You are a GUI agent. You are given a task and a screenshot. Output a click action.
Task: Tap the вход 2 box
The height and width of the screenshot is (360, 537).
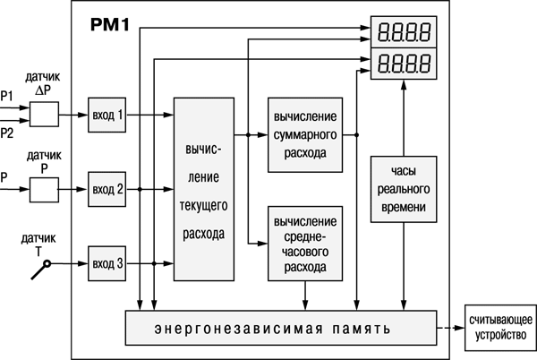pos(108,189)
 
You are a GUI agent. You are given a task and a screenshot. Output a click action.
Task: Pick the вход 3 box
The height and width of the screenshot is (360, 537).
pos(108,262)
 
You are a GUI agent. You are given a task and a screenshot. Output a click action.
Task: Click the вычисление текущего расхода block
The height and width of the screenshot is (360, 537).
pos(204,188)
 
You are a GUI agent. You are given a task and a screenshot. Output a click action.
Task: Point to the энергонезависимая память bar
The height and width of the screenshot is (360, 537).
pos(279,329)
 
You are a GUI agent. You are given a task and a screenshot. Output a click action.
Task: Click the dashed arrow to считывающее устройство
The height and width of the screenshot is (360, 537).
pos(450,329)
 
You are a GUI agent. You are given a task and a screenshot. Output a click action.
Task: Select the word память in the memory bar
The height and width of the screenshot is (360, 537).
pos(355,329)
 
